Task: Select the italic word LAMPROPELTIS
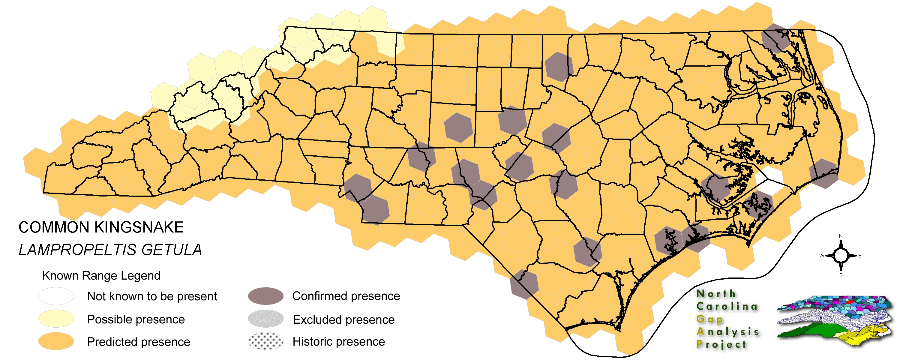[x=77, y=250]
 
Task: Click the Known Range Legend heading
[x=101, y=276]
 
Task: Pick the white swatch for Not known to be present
[x=56, y=296]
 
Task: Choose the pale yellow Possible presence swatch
[x=56, y=319]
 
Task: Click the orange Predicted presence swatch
[x=56, y=341]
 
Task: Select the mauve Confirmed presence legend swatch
[x=265, y=296]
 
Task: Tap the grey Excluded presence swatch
[x=265, y=319]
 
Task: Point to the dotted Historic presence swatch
[x=265, y=341]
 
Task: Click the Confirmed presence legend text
[x=346, y=296]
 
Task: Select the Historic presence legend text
[x=338, y=341]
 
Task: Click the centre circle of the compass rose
[x=841, y=256]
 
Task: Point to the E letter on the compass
[x=860, y=256]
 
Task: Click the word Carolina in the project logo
[x=727, y=307]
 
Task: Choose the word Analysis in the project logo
[x=728, y=332]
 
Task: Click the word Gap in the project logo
[x=709, y=319]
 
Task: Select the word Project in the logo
[x=721, y=344]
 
